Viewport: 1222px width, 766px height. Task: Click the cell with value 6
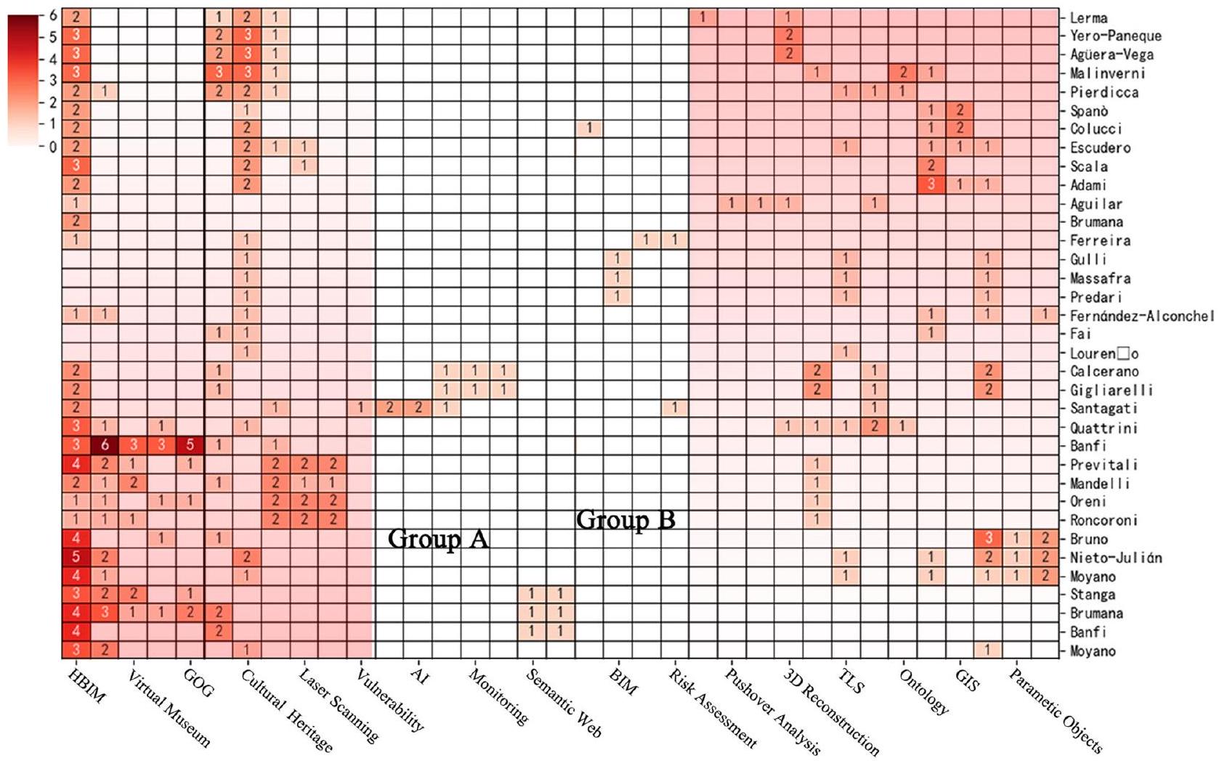click(105, 445)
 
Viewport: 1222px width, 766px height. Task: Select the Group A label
click(438, 539)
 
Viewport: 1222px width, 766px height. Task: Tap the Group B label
click(626, 520)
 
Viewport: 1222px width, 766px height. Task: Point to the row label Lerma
click(1088, 17)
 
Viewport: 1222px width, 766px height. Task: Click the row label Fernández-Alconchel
click(1141, 315)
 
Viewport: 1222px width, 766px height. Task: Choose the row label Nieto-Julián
click(1115, 558)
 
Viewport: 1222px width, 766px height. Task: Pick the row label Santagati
click(1104, 409)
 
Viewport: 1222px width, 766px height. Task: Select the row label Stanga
click(1092, 595)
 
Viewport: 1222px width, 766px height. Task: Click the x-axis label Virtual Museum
click(169, 709)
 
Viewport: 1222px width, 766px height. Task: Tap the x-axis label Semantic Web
click(564, 703)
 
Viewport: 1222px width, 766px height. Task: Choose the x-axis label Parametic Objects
click(1056, 711)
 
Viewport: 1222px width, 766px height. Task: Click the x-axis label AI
click(420, 676)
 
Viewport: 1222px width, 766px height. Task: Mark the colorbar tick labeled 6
click(53, 15)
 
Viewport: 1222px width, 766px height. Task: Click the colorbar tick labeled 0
click(53, 147)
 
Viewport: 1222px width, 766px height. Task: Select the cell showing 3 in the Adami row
click(931, 184)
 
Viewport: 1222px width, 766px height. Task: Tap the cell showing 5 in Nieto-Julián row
click(76, 558)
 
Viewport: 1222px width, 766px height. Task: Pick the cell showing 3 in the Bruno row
click(987, 539)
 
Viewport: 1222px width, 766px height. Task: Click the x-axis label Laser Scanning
click(339, 705)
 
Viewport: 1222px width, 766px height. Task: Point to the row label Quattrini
click(1104, 428)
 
